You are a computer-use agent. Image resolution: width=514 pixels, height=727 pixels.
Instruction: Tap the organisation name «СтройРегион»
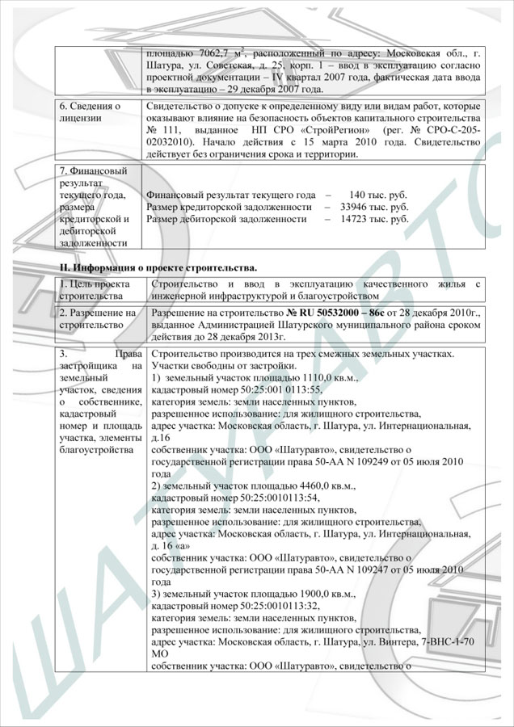(322, 130)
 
